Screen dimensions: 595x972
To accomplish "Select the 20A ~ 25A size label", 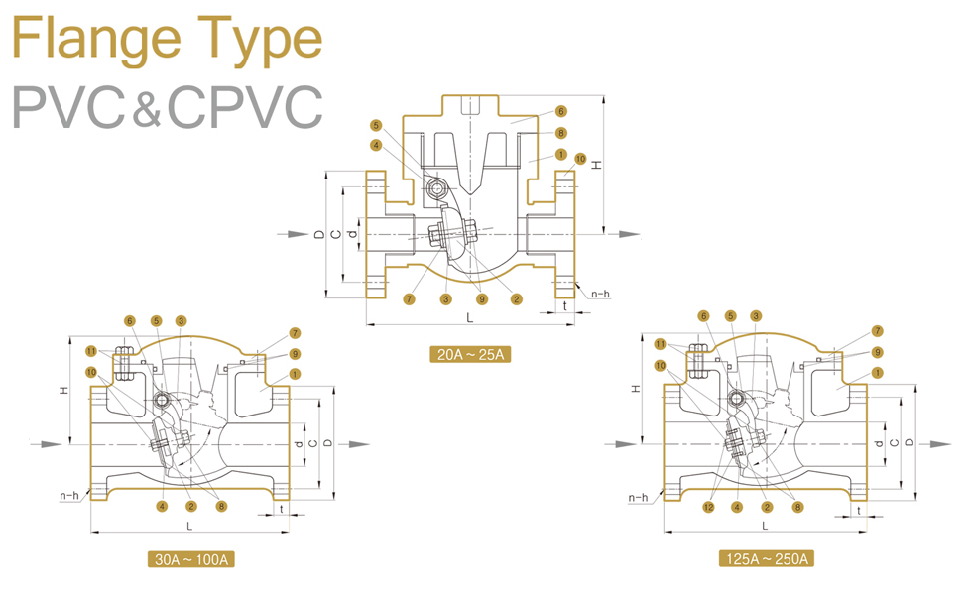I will coord(469,354).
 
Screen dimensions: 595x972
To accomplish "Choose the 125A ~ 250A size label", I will coord(766,560).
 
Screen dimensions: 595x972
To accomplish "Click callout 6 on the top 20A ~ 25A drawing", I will coord(561,112).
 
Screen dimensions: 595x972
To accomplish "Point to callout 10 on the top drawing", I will coord(580,158).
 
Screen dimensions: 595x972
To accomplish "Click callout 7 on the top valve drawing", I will coord(409,298).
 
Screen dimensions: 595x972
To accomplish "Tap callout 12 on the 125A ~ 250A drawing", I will coord(708,507).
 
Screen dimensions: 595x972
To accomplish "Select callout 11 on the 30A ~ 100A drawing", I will coord(91,351).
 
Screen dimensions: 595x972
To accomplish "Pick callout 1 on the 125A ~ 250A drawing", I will coord(878,373).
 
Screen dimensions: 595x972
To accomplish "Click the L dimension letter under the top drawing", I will coord(470,317).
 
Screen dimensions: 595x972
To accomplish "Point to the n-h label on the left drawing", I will coord(68,495).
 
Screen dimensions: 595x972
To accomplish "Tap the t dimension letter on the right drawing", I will coord(858,509).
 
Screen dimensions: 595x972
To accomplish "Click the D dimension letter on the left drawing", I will coord(328,442).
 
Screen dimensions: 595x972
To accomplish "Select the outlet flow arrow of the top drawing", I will coord(622,234).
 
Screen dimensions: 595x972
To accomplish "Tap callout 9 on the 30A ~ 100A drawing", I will coord(295,353).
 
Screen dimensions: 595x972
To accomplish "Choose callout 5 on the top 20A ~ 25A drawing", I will coord(376,126).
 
